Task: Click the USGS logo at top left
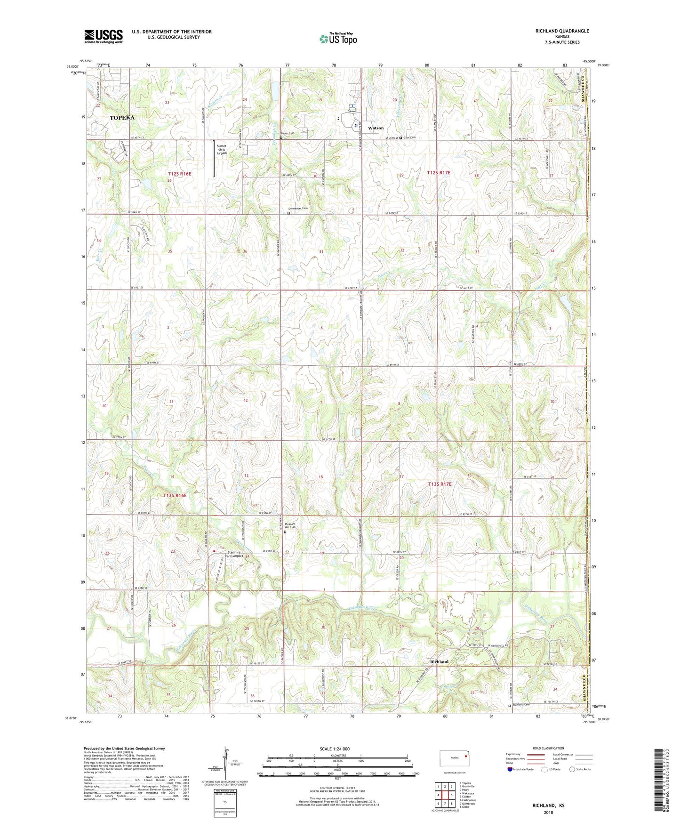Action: (104, 36)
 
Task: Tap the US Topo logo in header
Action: (337, 39)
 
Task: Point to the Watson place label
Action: (376, 128)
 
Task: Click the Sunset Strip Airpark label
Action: (222, 150)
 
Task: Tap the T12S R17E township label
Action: (439, 173)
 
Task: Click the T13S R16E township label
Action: (175, 495)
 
